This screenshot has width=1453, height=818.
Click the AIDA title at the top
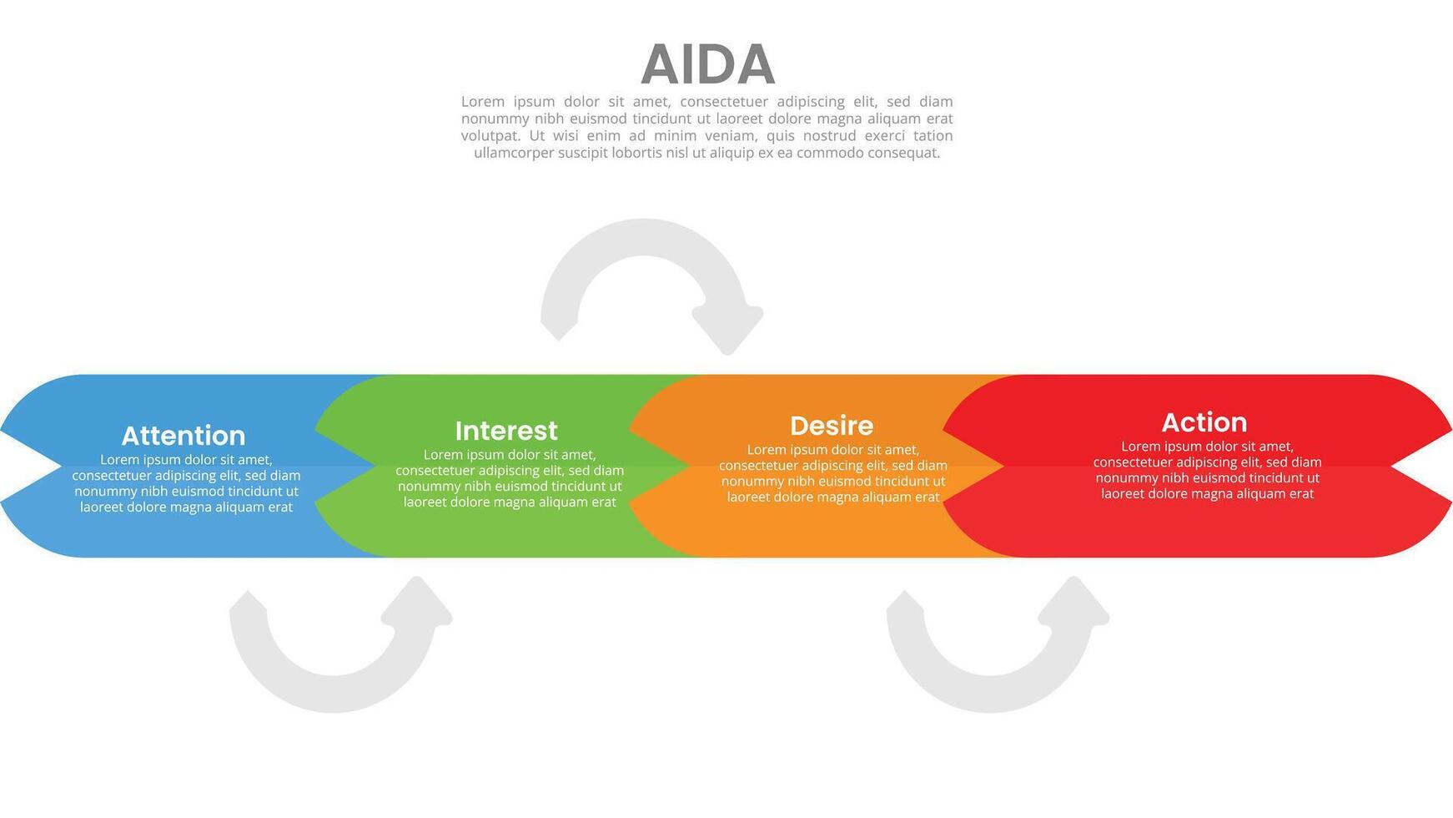[707, 64]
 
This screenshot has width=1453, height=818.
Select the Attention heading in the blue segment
[184, 436]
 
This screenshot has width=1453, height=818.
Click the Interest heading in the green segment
[506, 431]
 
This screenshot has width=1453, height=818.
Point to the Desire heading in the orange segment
[832, 426]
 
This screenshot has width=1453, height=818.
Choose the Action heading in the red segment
[1204, 422]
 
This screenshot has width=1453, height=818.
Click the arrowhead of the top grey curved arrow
[728, 328]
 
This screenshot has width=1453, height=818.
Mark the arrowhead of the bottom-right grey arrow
[1075, 602]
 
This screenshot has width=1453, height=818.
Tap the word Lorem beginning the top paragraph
[483, 102]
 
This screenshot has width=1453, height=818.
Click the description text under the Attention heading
[186, 483]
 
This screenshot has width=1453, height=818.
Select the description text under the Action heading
[1207, 470]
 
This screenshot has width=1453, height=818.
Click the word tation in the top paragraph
[933, 136]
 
